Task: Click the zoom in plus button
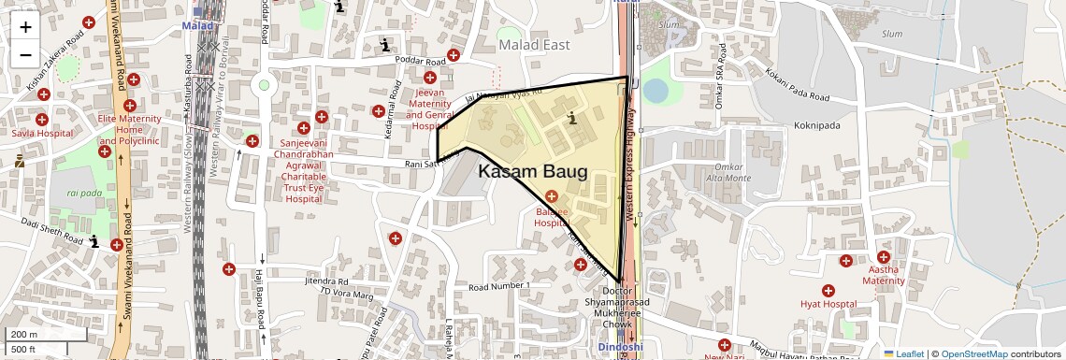(x=25, y=26)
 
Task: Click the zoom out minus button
(x=25, y=54)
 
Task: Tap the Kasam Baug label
(x=532, y=172)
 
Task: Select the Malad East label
(x=534, y=44)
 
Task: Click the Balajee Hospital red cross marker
(x=551, y=196)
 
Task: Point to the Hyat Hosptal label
(x=828, y=304)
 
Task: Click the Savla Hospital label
(x=42, y=134)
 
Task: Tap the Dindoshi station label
(x=621, y=347)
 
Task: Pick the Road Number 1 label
(x=499, y=285)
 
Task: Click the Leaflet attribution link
(x=903, y=353)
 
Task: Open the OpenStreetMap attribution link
(x=973, y=353)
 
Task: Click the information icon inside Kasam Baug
(x=572, y=118)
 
